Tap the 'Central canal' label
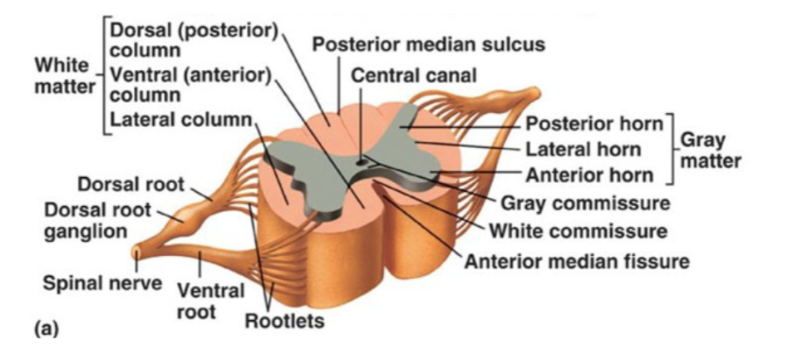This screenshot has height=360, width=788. (414, 76)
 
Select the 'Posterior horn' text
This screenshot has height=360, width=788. (595, 125)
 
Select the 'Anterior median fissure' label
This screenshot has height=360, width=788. (577, 261)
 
